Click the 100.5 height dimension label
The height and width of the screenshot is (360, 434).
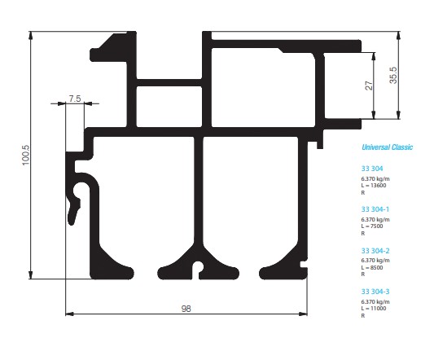[26, 155]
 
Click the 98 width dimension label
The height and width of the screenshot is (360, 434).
[186, 309]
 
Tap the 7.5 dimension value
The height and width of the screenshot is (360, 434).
[75, 99]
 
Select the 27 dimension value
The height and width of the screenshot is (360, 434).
[369, 86]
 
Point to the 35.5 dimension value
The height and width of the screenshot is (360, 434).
[393, 75]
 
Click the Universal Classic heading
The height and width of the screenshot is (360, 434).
[388, 147]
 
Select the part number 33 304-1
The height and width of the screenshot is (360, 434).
[375, 209]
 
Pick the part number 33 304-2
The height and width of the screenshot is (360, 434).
[375, 251]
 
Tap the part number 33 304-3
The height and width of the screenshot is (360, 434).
[375, 292]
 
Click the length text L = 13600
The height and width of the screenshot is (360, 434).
[374, 186]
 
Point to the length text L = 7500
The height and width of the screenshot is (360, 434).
[372, 226]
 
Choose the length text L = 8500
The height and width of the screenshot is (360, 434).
[372, 267]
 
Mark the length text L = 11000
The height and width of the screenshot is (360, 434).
[374, 308]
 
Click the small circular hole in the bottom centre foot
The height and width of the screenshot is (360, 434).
[197, 266]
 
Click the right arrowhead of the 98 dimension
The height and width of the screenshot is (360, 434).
[304, 314]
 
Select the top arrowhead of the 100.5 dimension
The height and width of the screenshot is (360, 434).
[30, 36]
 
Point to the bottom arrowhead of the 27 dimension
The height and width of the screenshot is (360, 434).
[374, 115]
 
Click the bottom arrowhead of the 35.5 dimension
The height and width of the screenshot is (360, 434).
[398, 115]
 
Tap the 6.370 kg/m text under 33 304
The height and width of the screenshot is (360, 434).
[375, 179]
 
